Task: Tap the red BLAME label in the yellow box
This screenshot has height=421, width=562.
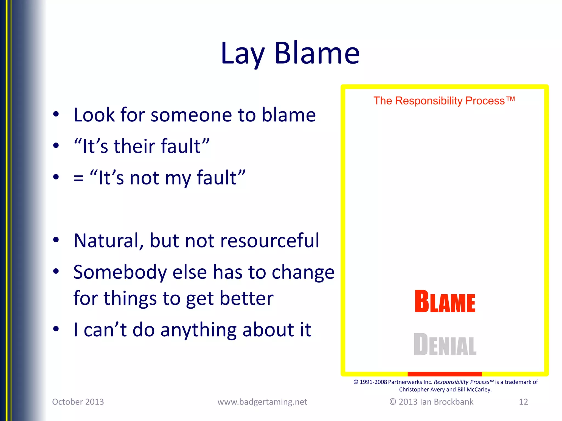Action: [445, 301]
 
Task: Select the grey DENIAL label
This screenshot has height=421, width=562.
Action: [445, 345]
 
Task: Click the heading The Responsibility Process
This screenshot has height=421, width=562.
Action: [444, 101]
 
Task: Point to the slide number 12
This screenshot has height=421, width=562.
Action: [523, 402]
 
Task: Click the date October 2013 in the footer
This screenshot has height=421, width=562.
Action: [78, 402]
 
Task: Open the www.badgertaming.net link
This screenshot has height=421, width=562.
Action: [262, 402]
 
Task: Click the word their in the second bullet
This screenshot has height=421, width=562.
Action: [134, 146]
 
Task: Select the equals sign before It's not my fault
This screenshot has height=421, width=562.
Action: [78, 178]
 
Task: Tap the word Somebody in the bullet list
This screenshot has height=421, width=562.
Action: [120, 272]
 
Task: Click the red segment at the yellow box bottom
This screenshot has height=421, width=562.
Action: [445, 374]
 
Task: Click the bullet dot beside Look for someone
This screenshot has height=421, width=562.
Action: [56, 115]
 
